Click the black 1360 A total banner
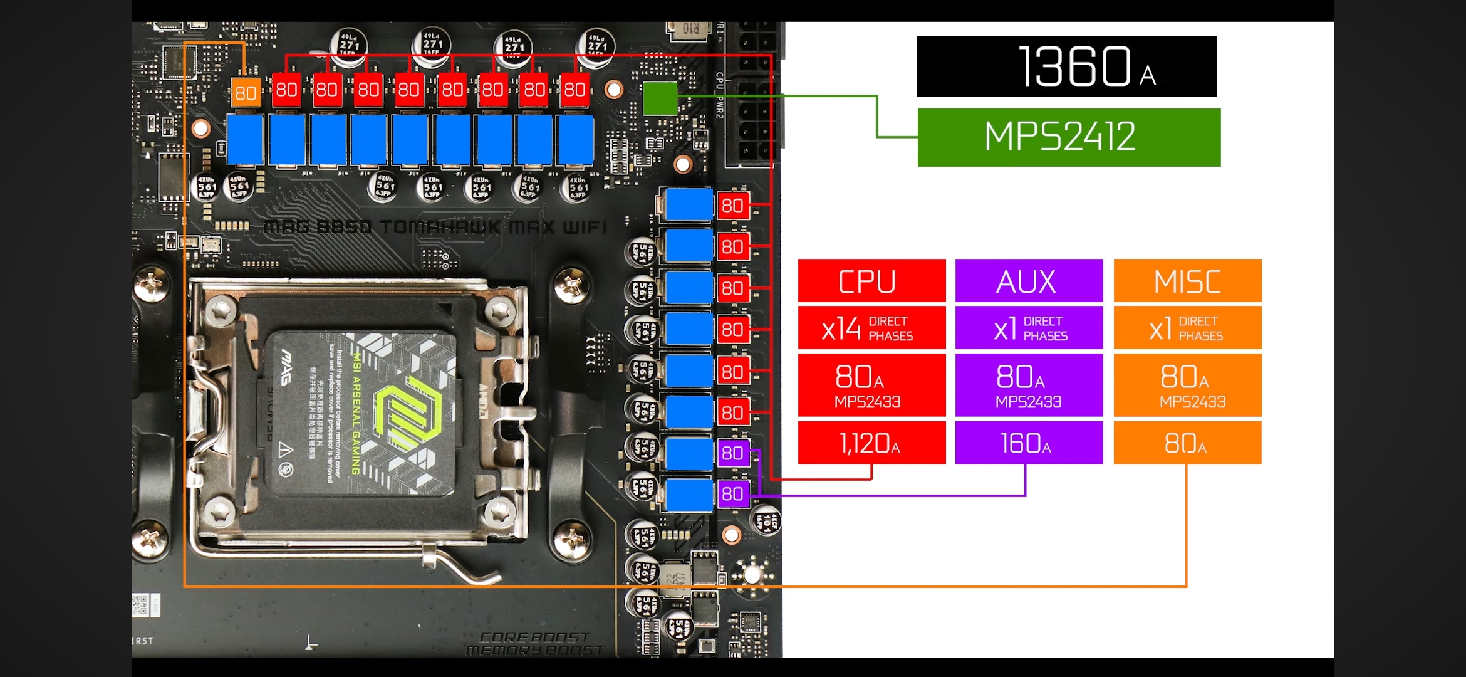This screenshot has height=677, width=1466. [x=1066, y=66]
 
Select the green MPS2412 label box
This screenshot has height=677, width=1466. [x=1069, y=137]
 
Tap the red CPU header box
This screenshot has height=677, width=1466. [x=871, y=281]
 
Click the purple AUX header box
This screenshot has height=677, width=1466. [x=1029, y=281]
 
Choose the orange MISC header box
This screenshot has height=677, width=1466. [x=1187, y=281]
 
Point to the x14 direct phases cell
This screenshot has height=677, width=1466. [x=871, y=328]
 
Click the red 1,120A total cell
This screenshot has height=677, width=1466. [x=871, y=443]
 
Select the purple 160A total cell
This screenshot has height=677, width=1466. [x=1029, y=443]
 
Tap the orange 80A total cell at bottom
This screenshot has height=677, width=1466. [x=1187, y=443]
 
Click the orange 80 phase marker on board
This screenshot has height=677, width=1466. [x=246, y=93]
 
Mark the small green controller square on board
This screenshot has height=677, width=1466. [x=660, y=98]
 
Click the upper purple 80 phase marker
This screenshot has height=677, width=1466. [x=732, y=453]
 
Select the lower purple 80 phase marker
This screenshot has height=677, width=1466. [x=732, y=494]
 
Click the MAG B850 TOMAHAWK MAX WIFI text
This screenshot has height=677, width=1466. [x=435, y=227]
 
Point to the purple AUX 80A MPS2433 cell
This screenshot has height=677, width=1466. [x=1029, y=385]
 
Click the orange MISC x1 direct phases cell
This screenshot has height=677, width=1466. [x=1187, y=328]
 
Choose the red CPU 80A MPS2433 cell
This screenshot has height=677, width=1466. [x=871, y=385]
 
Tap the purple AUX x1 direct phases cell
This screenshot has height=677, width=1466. [x=1029, y=328]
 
